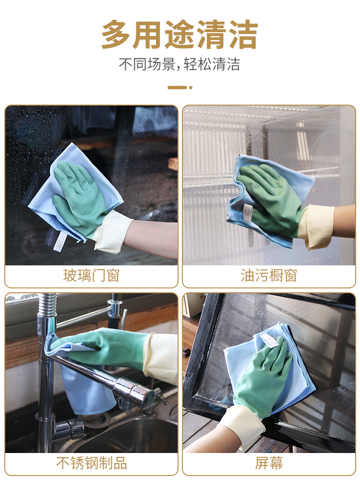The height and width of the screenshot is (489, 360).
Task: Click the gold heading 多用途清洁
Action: pyautogui.click(x=180, y=34)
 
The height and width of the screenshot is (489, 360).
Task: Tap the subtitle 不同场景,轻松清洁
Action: pyautogui.click(x=180, y=65)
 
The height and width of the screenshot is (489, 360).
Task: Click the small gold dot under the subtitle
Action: pyautogui.click(x=191, y=88)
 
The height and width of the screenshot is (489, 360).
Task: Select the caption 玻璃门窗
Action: pyautogui.click(x=91, y=275)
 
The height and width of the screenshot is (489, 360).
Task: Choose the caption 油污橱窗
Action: pyautogui.click(x=269, y=275)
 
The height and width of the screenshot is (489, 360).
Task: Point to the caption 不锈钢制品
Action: pyautogui.click(x=91, y=463)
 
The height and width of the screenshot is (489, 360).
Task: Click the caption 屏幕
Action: pyautogui.click(x=269, y=463)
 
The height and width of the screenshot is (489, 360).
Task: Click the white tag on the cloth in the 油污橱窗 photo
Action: pyautogui.click(x=248, y=214)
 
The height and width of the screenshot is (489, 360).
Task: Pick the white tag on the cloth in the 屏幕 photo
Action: pyautogui.click(x=268, y=340)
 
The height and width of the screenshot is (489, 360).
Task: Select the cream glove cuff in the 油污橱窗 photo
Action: pyautogui.click(x=316, y=227)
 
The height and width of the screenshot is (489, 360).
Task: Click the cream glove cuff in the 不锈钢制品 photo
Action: pyautogui.click(x=160, y=358)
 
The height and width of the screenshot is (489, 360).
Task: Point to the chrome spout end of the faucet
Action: pyautogui.click(x=144, y=393)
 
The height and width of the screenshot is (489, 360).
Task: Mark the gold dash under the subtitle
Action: pyautogui.click(x=177, y=88)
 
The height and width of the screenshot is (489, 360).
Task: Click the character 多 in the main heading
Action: pyautogui.click(x=116, y=34)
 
